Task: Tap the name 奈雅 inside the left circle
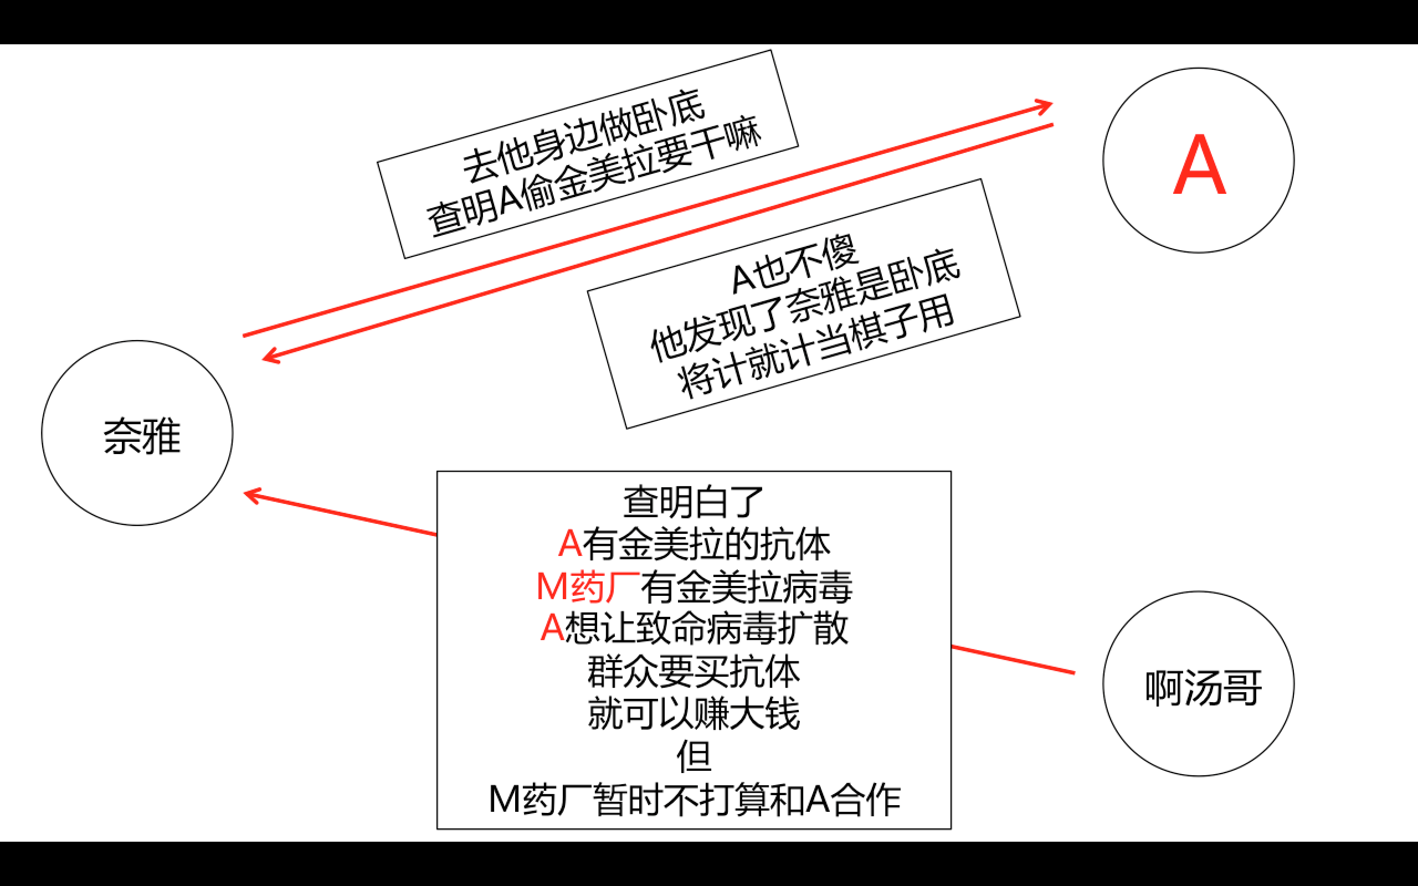142,436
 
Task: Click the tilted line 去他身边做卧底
584,136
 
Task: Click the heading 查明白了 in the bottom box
693,502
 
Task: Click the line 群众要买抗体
693,671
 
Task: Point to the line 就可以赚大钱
693,713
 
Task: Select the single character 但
693,756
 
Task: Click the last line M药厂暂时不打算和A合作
693,799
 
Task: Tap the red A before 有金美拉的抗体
569,544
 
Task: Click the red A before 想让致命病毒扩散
552,628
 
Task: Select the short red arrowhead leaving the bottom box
252,495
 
